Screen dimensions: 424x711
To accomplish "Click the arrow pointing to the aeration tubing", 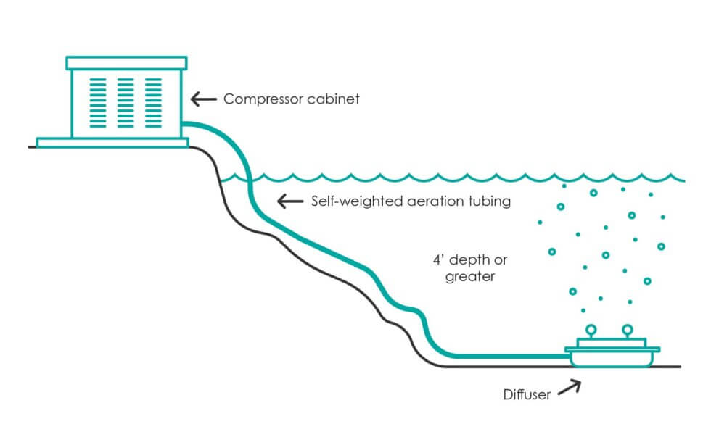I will tap(289, 201).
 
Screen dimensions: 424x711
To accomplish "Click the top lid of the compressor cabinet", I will tap(126, 63).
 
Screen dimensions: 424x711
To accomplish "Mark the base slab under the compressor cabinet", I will tap(112, 142).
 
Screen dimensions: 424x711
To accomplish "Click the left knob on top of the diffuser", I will tap(591, 330).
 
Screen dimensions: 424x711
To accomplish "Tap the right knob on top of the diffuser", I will tap(627, 330).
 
